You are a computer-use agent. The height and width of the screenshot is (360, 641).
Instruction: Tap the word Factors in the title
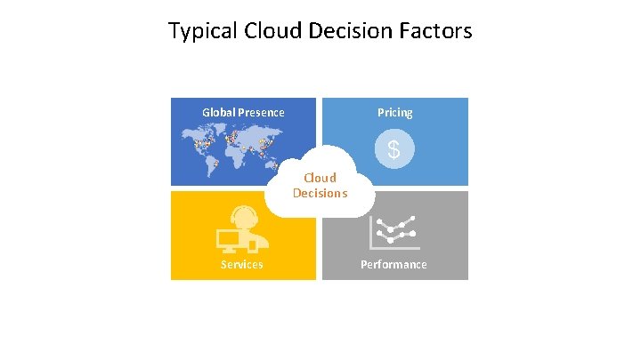tap(437, 32)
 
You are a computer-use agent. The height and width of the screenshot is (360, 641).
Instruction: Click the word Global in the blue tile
tap(218, 113)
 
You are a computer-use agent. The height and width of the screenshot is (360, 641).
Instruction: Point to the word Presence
tap(261, 113)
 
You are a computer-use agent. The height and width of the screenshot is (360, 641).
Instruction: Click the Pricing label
tap(394, 113)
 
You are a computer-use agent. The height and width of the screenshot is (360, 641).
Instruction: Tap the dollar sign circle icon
tap(393, 149)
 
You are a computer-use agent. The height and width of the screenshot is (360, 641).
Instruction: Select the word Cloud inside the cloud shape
tap(320, 178)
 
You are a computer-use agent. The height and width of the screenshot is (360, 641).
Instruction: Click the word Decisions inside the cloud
tap(320, 193)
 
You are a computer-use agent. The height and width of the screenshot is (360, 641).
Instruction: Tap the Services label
tap(242, 265)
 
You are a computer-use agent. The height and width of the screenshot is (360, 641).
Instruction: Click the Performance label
tap(394, 265)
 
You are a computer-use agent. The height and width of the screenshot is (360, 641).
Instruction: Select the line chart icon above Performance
tap(394, 232)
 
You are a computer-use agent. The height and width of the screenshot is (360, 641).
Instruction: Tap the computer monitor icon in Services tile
tap(231, 238)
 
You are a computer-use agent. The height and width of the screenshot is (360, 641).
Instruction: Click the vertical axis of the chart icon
tap(370, 233)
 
